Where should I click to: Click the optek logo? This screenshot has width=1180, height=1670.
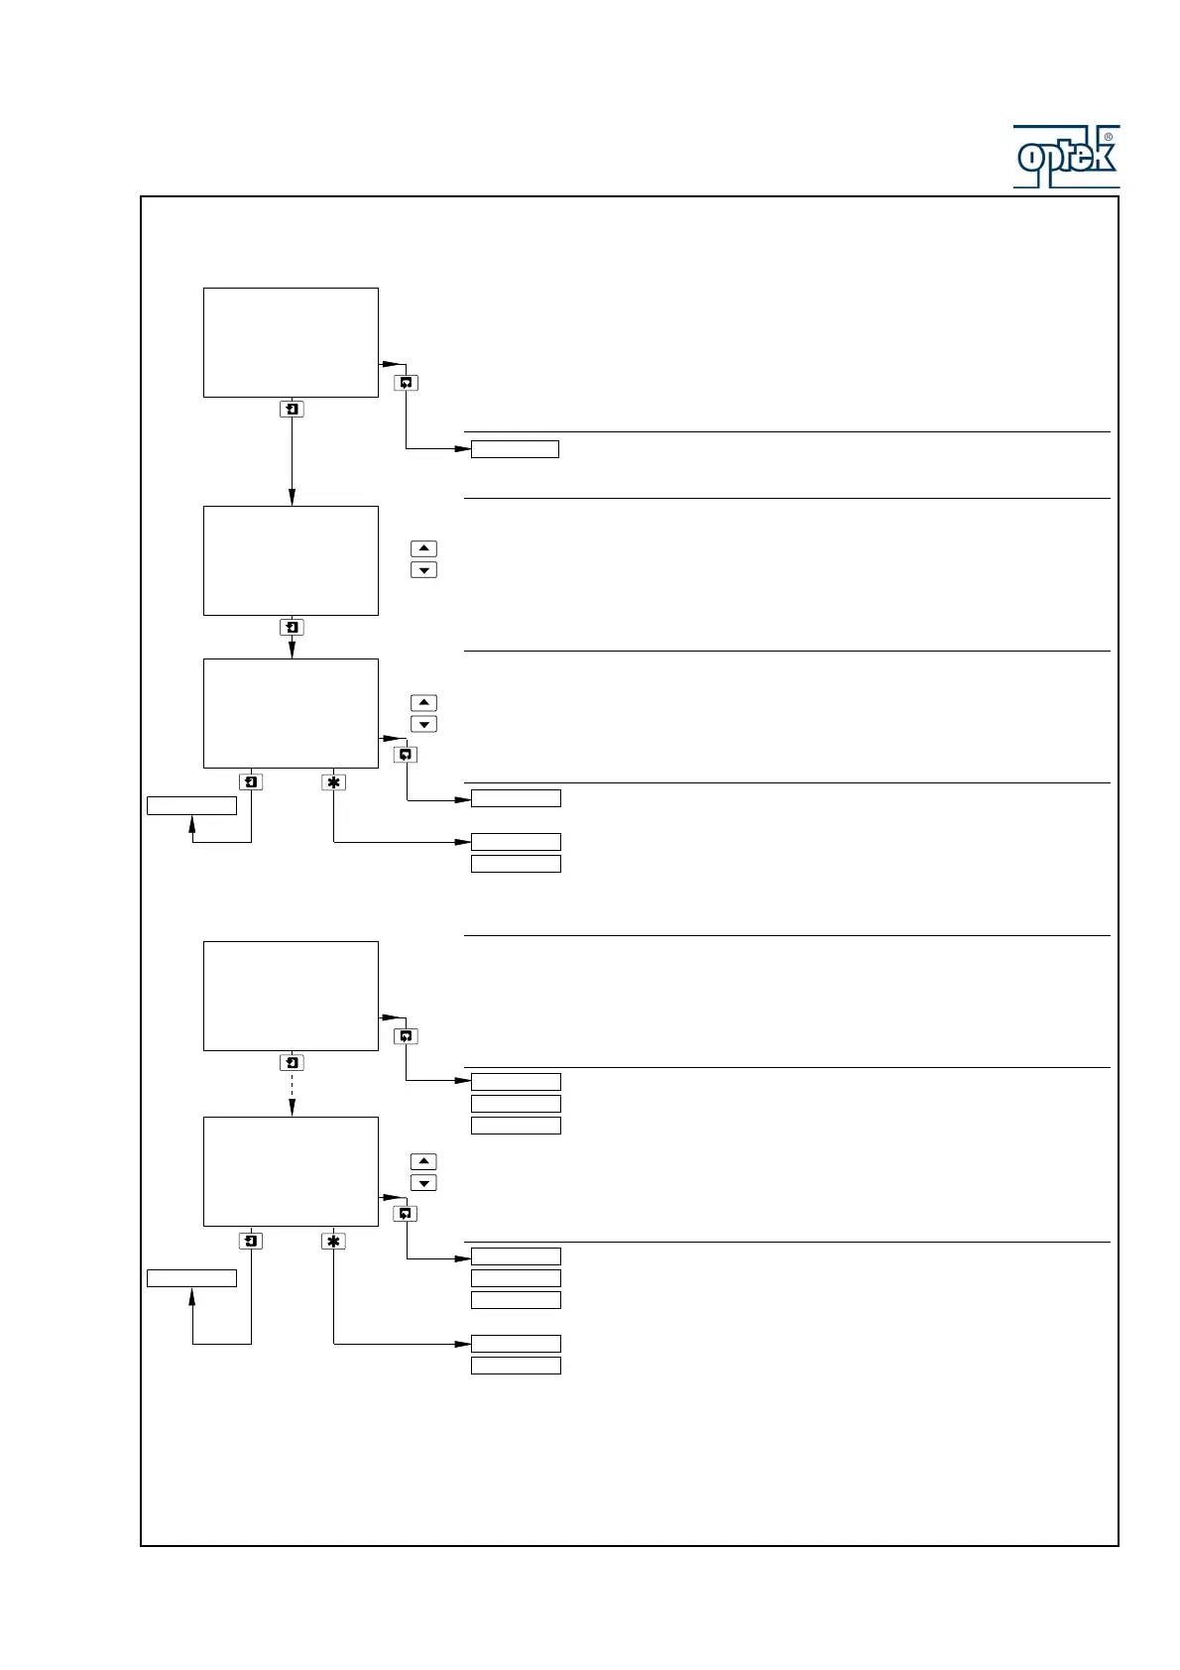click(1066, 157)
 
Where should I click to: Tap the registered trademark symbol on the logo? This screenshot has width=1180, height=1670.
click(1108, 137)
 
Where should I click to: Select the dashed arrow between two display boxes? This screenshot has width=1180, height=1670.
click(292, 1093)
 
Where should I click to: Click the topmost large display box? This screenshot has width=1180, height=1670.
click(291, 342)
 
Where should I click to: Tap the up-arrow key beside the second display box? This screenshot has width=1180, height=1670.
click(423, 548)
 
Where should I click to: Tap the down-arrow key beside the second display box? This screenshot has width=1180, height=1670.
click(423, 570)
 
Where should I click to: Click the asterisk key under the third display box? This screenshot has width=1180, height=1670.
click(333, 782)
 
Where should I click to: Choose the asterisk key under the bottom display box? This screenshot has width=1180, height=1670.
click(333, 1242)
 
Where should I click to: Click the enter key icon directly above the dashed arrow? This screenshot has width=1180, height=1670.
click(292, 1062)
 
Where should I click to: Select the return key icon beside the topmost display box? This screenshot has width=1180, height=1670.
click(406, 383)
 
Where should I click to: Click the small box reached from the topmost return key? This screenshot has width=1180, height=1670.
click(515, 449)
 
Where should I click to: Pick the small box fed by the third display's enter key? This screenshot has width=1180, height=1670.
click(191, 805)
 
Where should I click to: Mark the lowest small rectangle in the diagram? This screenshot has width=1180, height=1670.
click(516, 1366)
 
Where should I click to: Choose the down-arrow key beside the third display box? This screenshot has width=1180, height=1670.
click(423, 724)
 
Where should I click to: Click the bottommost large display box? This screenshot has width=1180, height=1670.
click(291, 1171)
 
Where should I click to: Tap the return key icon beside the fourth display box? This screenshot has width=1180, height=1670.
click(406, 1036)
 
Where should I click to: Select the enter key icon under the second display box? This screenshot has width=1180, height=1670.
click(292, 627)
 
